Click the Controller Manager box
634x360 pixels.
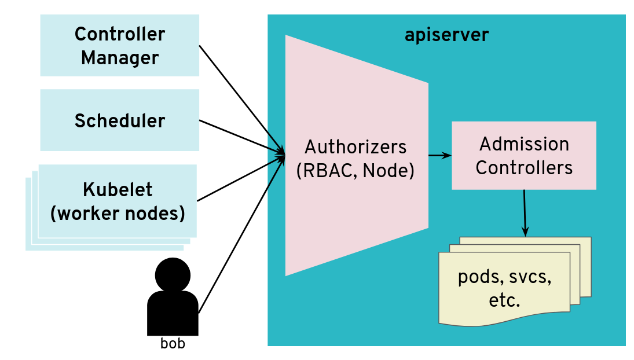click(119, 46)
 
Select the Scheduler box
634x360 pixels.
click(119, 120)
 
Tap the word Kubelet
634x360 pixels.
click(118, 190)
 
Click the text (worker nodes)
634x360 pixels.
click(118, 214)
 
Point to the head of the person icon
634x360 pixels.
click(173, 275)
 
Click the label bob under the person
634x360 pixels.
click(173, 343)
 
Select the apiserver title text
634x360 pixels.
click(446, 35)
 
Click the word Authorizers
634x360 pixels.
click(356, 146)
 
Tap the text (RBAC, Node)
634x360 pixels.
click(356, 171)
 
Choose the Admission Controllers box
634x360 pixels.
click(523, 155)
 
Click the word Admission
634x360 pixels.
click(524, 144)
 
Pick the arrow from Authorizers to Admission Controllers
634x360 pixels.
click(439, 155)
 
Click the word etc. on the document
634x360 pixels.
click(504, 300)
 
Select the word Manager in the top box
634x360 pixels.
click(119, 58)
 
